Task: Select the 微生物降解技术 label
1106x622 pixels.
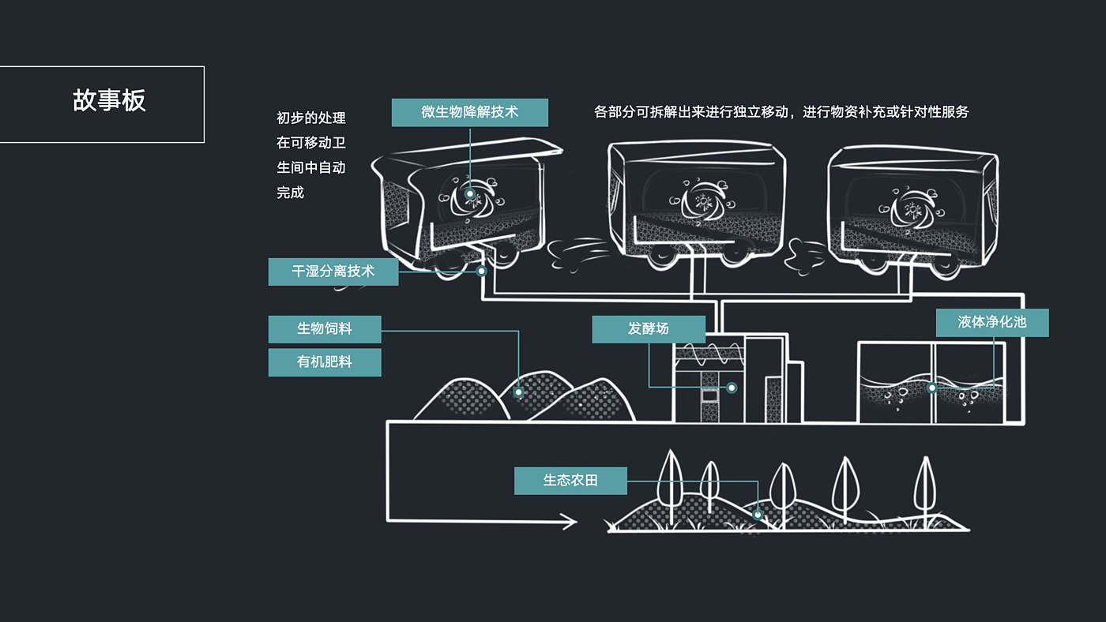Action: pyautogui.click(x=469, y=112)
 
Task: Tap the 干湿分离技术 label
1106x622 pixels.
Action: pyautogui.click(x=333, y=272)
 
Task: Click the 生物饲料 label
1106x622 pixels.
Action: pyautogui.click(x=324, y=329)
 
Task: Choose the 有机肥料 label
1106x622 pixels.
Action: pyautogui.click(x=324, y=362)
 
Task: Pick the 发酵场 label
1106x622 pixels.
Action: pyautogui.click(x=648, y=329)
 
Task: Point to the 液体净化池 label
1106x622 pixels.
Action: pyautogui.click(x=991, y=323)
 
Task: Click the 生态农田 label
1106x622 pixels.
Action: pyautogui.click(x=570, y=481)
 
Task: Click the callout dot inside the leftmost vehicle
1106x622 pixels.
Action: pyautogui.click(x=470, y=193)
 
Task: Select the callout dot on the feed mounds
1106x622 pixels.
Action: pyautogui.click(x=519, y=392)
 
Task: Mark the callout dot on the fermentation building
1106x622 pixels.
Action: pyautogui.click(x=732, y=388)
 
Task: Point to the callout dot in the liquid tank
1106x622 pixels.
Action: pyautogui.click(x=932, y=388)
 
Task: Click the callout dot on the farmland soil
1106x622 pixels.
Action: pyautogui.click(x=757, y=515)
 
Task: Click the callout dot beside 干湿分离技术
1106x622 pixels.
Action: pyautogui.click(x=480, y=272)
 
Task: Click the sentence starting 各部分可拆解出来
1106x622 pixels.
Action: pyautogui.click(x=781, y=112)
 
